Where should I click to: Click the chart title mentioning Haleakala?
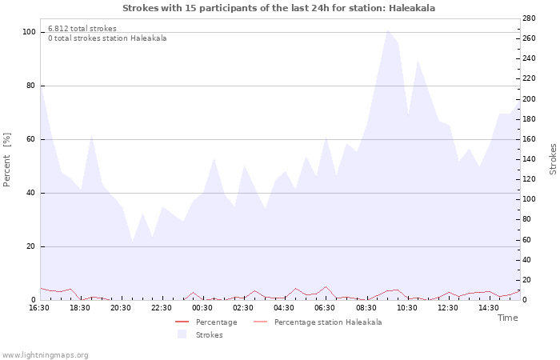point(279,8)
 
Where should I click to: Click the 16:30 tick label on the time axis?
point(39,307)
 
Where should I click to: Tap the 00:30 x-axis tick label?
point(202,307)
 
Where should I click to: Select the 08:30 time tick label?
point(366,307)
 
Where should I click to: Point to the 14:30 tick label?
point(488,307)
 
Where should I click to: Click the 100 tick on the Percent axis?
point(30,32)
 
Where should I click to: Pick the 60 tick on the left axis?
point(31,139)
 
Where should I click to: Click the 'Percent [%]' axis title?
point(8,160)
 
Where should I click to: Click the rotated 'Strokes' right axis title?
point(553,159)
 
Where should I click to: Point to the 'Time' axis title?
point(507,318)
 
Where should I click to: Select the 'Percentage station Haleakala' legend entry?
point(327,322)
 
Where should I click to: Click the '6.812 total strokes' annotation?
point(82,29)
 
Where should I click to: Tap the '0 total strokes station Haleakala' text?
point(107,38)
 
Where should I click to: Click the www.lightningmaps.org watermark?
point(46,355)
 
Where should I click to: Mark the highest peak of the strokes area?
point(388,30)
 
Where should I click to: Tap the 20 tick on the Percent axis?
point(31,246)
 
